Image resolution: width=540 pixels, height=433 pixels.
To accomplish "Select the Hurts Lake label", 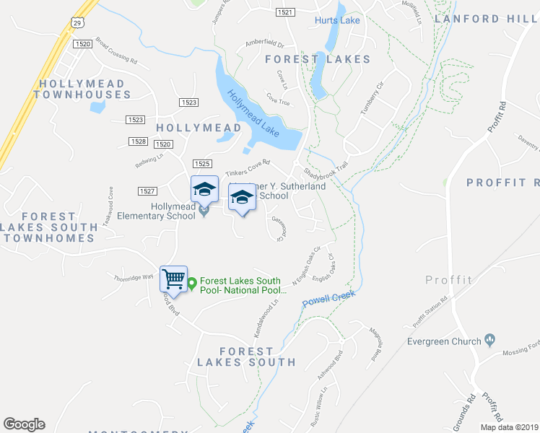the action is click(x=337, y=20).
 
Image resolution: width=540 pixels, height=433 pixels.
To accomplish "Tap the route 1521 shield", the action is click(x=286, y=12).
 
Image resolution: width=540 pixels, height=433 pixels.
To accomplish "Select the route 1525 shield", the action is click(x=202, y=165).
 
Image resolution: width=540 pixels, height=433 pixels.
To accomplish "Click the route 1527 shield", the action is click(x=147, y=191).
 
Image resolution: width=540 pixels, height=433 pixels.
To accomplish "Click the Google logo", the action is click(x=24, y=424).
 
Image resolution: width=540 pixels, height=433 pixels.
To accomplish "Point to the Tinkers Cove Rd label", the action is click(x=247, y=168).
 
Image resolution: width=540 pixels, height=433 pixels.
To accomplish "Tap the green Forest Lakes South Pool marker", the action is click(x=191, y=285).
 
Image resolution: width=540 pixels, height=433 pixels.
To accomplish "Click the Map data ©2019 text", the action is click(x=509, y=427).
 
